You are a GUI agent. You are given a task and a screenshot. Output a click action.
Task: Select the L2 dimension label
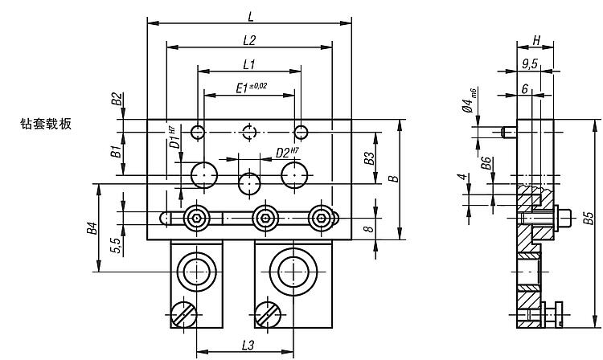point(248,39)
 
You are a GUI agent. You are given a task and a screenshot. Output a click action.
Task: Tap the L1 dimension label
point(248,63)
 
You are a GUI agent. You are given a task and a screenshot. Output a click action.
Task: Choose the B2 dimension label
point(117,99)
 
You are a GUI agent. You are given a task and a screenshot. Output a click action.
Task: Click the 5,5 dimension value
point(117,246)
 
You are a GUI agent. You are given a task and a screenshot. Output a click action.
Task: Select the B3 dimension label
point(369,157)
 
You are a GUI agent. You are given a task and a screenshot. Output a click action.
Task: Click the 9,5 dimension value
point(530,63)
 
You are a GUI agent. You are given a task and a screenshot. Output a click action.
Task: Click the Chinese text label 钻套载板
point(46,124)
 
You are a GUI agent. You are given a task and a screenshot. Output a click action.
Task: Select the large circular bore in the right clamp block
point(293,272)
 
